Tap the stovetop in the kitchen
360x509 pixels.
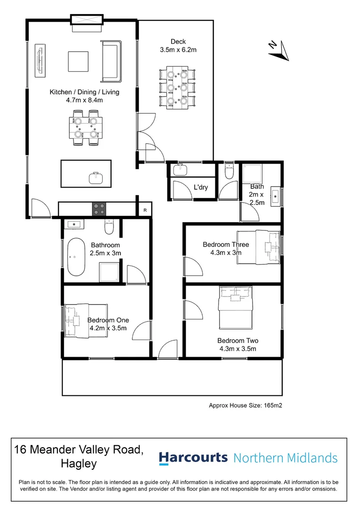(x=98, y=208)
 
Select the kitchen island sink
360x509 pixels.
(x=96, y=178)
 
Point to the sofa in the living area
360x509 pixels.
(x=111, y=60)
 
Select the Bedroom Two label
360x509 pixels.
(x=237, y=340)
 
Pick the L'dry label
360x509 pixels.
(x=201, y=188)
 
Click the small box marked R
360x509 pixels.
(x=145, y=210)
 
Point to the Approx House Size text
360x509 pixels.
(x=245, y=405)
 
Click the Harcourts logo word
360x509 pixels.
(x=193, y=458)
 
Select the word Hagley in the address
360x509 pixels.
(x=79, y=463)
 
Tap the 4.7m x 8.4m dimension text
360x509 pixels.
(x=84, y=100)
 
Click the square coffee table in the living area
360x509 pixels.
(x=78, y=60)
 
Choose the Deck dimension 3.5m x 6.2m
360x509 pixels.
(x=178, y=49)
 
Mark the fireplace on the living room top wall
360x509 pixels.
(x=86, y=21)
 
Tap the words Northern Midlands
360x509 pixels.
(x=286, y=458)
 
